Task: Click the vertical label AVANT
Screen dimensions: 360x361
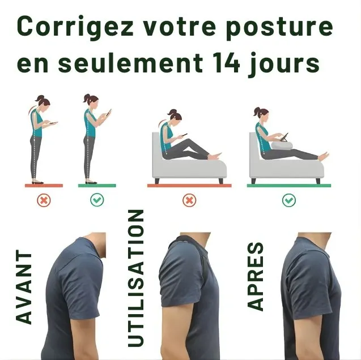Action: [x=23, y=287]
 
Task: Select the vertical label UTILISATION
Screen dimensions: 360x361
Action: [x=136, y=277]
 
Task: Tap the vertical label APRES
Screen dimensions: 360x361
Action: [x=256, y=276]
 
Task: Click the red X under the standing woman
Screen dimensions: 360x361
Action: [x=44, y=200]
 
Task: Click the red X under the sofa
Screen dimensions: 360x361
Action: [x=190, y=200]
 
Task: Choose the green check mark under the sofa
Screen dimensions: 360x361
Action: [x=289, y=200]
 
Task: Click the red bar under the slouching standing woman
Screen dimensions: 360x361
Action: [x=44, y=185]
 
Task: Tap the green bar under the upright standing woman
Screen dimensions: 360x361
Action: [x=97, y=185]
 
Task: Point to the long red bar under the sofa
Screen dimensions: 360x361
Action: [x=189, y=185]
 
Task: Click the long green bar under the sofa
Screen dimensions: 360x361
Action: [x=289, y=185]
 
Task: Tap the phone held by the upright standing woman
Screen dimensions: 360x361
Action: [x=108, y=113]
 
